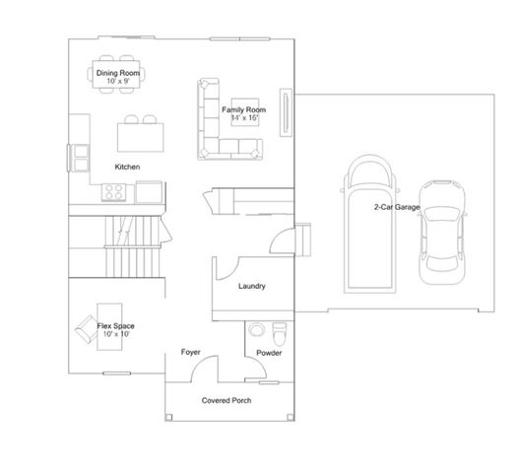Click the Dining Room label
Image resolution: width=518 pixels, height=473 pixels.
click(118, 73)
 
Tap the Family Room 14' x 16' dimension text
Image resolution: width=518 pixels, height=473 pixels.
click(244, 117)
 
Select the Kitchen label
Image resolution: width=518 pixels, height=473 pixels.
click(127, 167)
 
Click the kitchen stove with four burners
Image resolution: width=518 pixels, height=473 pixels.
click(113, 192)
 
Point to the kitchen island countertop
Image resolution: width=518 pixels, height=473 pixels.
click(141, 138)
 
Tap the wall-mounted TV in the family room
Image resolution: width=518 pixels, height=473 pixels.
click(286, 112)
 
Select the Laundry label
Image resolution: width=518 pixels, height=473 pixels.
click(252, 286)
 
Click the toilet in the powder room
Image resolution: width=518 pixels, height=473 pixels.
click(280, 334)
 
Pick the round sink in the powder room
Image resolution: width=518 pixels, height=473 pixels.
click(257, 329)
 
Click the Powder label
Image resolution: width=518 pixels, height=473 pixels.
click(269, 353)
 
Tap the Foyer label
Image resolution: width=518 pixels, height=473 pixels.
click(191, 352)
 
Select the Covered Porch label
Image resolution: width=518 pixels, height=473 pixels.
click(227, 400)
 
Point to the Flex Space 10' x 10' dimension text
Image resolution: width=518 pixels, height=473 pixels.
click(116, 334)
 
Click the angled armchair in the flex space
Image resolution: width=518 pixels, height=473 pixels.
click(86, 329)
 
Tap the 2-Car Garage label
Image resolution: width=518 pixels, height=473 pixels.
click(397, 207)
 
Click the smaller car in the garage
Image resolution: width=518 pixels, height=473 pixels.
click(442, 232)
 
